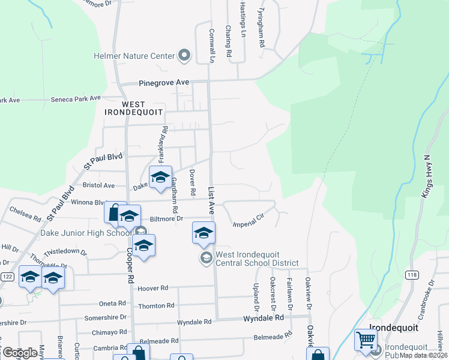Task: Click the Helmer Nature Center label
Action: pos(133,56)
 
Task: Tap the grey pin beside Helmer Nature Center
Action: pos(184,56)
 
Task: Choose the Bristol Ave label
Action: pos(98,185)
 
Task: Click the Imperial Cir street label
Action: pos(249,220)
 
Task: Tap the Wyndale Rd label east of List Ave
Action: pos(262,317)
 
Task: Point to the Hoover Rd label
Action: pos(152,289)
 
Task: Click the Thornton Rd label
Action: pos(156,305)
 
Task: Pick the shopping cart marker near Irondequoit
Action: pos(365,340)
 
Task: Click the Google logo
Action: pos(20,352)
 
